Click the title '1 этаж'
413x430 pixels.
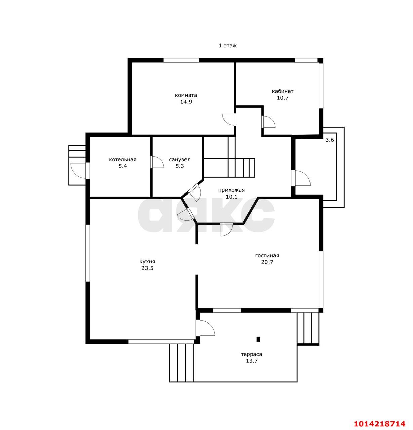(x=228, y=46)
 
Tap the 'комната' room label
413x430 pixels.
(x=186, y=95)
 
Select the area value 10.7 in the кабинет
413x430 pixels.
(x=283, y=98)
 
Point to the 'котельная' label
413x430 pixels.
(x=122, y=160)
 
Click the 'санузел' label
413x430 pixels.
(x=179, y=160)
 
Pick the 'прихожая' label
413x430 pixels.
(x=231, y=190)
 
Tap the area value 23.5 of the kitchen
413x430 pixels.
(x=147, y=268)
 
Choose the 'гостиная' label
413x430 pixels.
(x=267, y=256)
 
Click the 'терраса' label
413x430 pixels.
(x=251, y=354)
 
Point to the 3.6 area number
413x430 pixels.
(x=329, y=140)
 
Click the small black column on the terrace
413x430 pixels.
(x=258, y=339)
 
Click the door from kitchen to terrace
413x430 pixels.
(x=205, y=328)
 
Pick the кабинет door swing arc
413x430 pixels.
(x=269, y=122)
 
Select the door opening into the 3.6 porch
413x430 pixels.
(x=301, y=178)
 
